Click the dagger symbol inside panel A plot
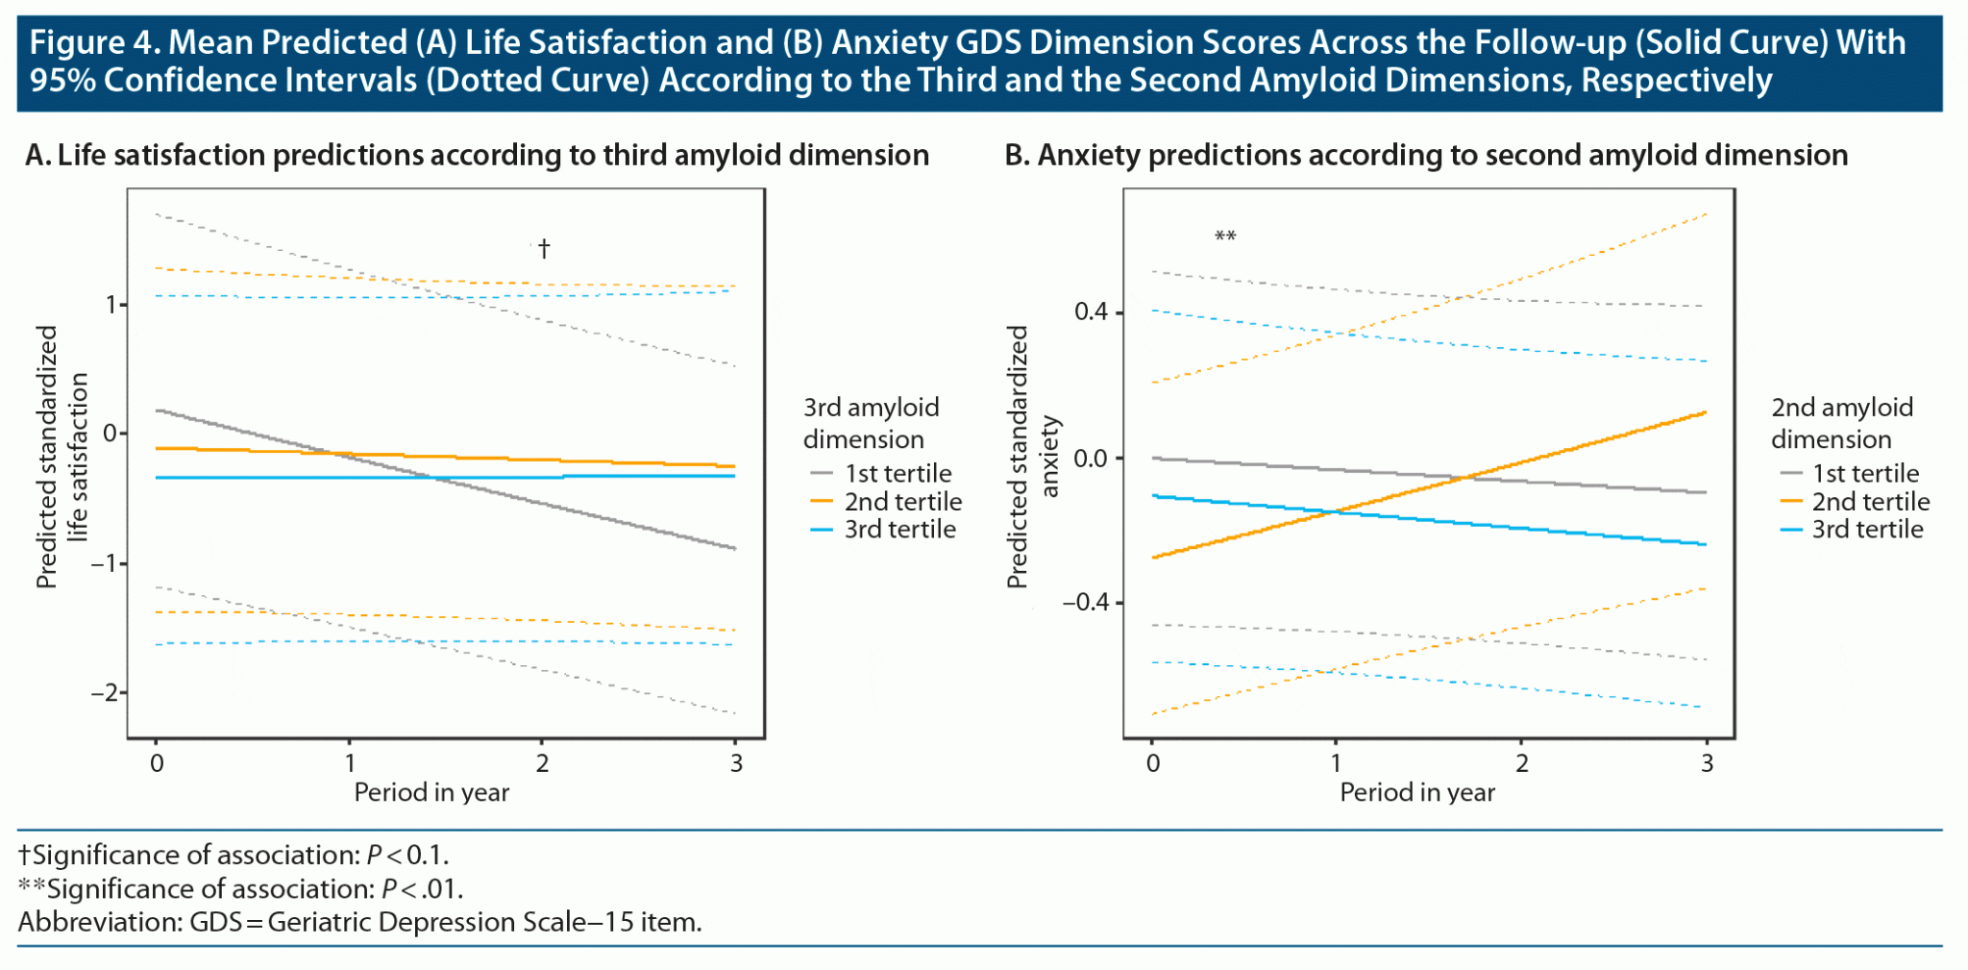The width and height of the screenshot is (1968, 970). [544, 249]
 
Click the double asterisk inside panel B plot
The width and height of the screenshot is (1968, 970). [1225, 236]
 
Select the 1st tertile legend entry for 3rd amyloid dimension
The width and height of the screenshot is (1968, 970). [881, 474]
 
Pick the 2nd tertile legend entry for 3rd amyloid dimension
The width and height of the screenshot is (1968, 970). [886, 502]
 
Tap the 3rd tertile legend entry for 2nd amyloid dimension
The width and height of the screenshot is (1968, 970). [1852, 530]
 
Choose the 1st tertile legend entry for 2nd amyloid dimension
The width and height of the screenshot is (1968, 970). [1850, 474]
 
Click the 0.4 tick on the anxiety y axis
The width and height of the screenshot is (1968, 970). [1091, 311]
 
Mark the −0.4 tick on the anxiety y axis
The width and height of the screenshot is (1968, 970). [1085, 603]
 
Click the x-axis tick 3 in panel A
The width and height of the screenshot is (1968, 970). [736, 763]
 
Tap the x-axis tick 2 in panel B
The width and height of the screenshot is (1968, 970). [1521, 763]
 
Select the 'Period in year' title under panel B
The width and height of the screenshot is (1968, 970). [1417, 793]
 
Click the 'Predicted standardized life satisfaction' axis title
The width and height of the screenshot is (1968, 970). [61, 457]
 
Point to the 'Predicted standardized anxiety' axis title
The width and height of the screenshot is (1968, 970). [1032, 457]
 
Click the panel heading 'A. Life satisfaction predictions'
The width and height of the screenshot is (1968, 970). [477, 156]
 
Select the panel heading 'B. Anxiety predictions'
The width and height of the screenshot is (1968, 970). [1426, 156]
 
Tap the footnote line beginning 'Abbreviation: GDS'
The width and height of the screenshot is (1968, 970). [359, 923]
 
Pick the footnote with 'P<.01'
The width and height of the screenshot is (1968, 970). [240, 889]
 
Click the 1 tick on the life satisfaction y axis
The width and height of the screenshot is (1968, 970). [111, 305]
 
